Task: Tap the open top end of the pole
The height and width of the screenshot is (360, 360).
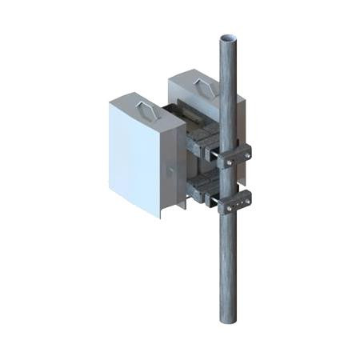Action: (x=229, y=38)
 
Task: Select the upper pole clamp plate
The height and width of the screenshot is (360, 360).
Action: (x=233, y=156)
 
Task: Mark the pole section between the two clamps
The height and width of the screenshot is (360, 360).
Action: (x=231, y=179)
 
